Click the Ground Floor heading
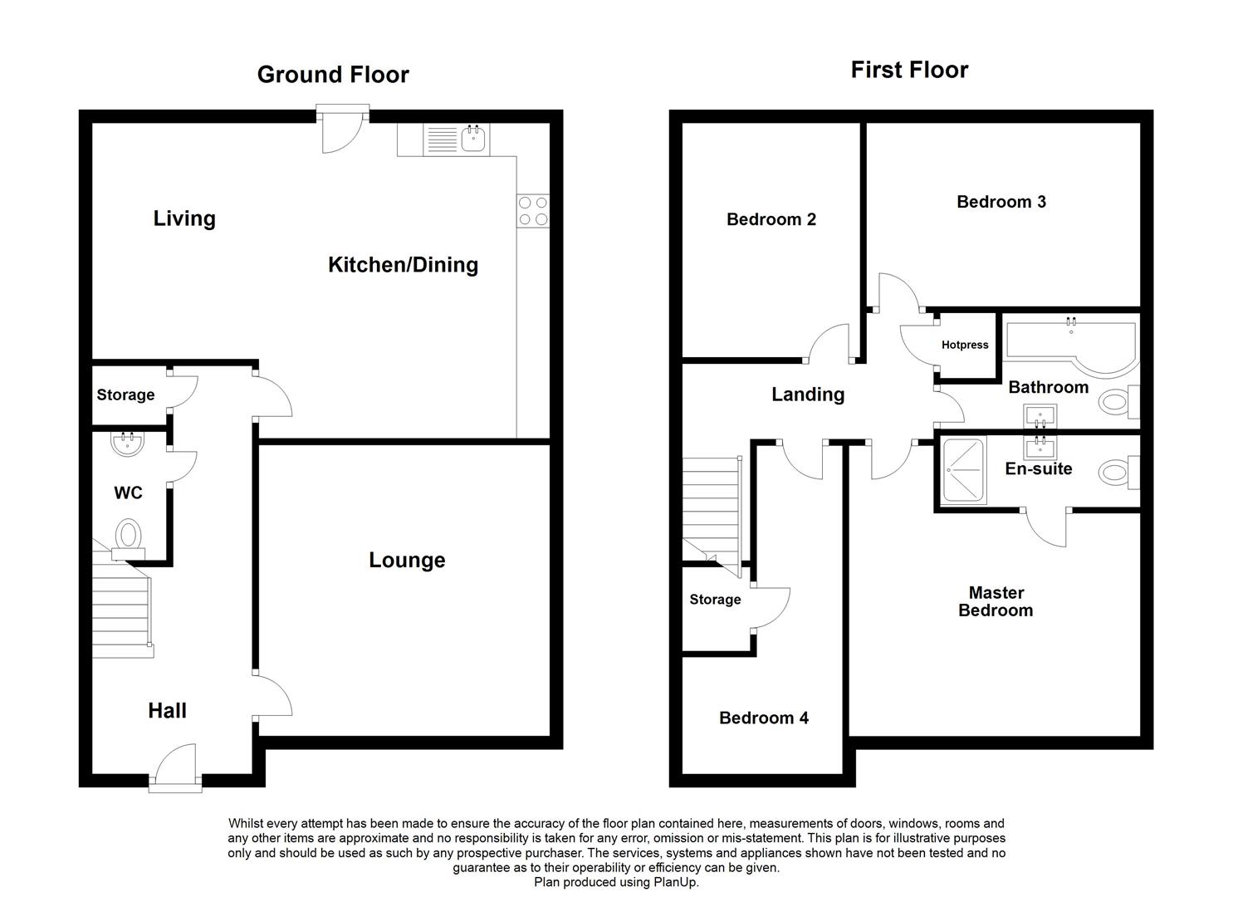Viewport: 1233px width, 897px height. (333, 75)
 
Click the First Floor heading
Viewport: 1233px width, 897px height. (909, 70)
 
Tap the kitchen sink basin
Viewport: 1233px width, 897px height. (473, 138)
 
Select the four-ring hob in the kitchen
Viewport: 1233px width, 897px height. (533, 211)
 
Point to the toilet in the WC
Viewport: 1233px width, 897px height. (130, 538)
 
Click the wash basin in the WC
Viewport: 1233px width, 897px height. (128, 444)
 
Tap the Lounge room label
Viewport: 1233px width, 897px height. (407, 560)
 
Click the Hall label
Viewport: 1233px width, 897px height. (168, 710)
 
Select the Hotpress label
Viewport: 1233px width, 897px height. (964, 345)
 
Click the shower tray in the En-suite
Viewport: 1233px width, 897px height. (963, 470)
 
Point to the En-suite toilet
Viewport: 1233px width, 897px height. (1118, 473)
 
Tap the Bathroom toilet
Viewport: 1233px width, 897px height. (1118, 402)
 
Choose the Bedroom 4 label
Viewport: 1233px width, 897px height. (764, 718)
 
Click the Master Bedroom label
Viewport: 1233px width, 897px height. (996, 601)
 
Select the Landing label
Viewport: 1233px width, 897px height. (808, 395)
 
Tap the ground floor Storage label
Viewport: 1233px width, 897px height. (125, 395)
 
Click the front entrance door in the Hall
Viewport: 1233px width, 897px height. (175, 767)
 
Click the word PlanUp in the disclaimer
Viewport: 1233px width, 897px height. (675, 882)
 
